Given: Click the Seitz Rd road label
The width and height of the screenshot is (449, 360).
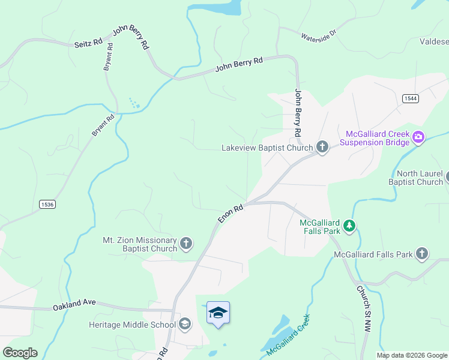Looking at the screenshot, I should (x=89, y=43).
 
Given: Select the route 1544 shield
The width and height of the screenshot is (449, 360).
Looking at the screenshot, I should (x=411, y=98).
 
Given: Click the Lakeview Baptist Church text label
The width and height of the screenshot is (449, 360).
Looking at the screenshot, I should (x=267, y=148).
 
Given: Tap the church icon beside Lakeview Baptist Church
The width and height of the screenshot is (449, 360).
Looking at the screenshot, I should (x=322, y=147).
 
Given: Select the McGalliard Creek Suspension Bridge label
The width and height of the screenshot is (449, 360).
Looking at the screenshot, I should (x=375, y=138).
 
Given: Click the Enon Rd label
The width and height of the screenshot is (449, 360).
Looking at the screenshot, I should (x=230, y=214).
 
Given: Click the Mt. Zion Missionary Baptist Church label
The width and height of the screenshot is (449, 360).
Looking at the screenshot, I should (x=140, y=244).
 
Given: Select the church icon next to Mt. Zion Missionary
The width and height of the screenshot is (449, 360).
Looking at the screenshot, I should (x=187, y=244).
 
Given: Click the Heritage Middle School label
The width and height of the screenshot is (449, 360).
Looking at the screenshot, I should (x=132, y=325).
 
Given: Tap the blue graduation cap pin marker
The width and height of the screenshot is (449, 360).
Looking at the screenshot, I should (x=218, y=313).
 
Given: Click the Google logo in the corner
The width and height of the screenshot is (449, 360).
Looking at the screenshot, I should (x=20, y=353).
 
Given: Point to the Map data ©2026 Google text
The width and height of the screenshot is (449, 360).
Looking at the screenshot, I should (x=412, y=355).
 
